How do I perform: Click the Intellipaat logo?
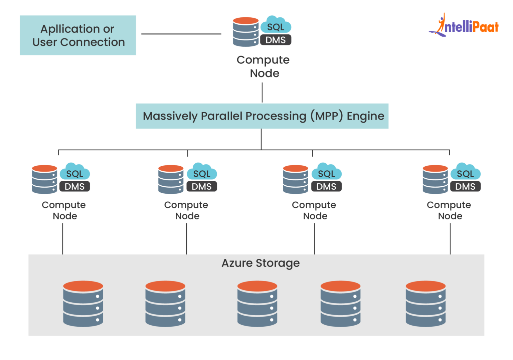tap(464, 26)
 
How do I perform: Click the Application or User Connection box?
tap(78, 35)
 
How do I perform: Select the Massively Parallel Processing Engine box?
tap(262, 116)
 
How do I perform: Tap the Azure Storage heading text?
tap(261, 263)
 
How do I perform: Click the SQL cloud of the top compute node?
tap(276, 25)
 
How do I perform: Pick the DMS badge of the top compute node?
tap(276, 40)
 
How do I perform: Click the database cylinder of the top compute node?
tap(246, 32)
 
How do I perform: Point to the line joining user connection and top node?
tap(181, 34)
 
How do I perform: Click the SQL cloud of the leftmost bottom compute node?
tap(75, 172)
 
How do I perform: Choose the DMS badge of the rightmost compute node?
tap(465, 187)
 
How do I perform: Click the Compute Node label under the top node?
tap(263, 66)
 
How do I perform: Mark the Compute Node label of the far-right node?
tap(449, 210)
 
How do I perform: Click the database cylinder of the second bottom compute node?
tap(171, 179)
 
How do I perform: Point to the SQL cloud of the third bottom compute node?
tap(326, 172)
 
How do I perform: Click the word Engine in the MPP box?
tap(365, 116)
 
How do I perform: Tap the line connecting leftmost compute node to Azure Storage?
tap(63, 239)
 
